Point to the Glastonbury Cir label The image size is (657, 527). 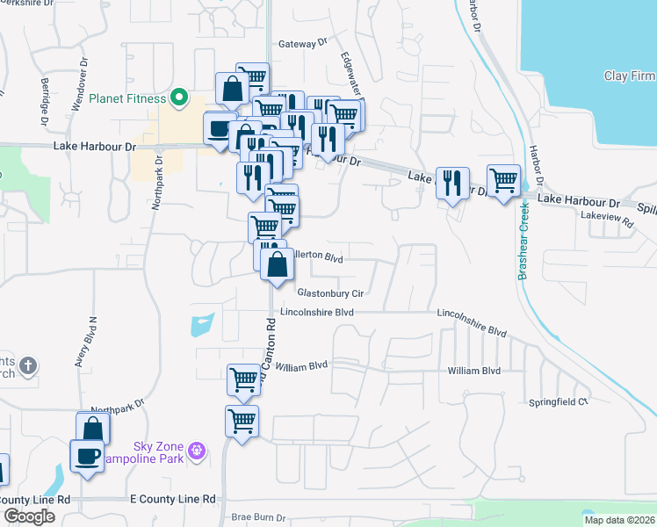(x=330, y=292)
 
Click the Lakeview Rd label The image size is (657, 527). (x=606, y=224)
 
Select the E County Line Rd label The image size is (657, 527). (x=172, y=499)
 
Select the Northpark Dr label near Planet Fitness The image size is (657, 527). (x=159, y=184)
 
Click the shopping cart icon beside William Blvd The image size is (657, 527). (x=243, y=379)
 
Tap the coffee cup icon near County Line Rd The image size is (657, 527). (x=87, y=456)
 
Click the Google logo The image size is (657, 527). (x=29, y=516)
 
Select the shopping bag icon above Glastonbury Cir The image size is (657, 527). (x=277, y=264)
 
